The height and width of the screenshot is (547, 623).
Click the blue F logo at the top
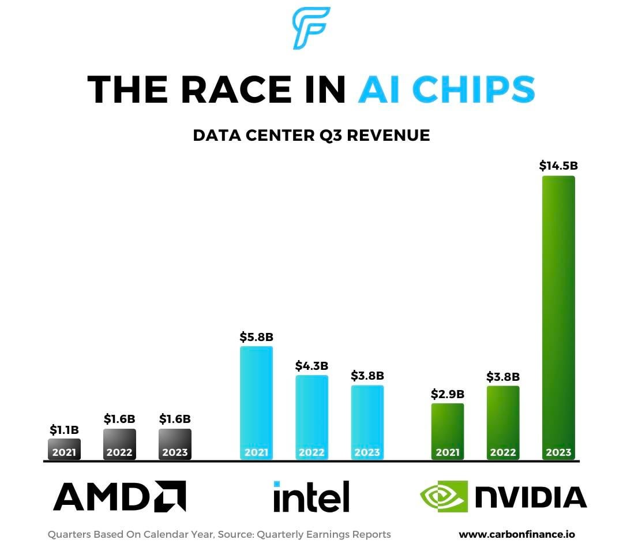coord(310,27)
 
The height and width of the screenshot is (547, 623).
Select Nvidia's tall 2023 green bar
coord(558,317)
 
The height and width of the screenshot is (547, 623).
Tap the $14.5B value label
coord(558,166)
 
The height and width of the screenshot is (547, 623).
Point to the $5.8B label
coord(256,336)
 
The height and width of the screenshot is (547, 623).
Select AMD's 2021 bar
coord(64,449)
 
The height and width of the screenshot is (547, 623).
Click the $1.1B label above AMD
coord(64,430)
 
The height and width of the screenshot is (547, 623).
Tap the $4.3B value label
coord(311,365)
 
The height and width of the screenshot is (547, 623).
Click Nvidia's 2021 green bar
coord(448,431)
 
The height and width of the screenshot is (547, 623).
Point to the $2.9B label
coord(448,394)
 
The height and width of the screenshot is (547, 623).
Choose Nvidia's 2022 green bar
coord(503,422)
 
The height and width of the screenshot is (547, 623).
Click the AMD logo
coord(119,496)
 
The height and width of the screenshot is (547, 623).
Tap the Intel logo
coord(311,496)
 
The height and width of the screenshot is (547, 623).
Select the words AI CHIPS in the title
coord(446,89)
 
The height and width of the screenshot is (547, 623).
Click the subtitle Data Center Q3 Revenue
coord(311,135)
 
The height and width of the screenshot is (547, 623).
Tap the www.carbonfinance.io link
coord(516,534)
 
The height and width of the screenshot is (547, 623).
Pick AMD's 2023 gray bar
coord(175,444)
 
